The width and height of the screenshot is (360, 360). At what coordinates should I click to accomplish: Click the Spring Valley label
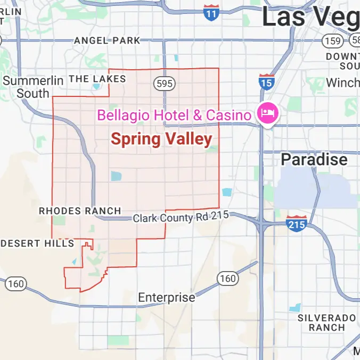[161, 139]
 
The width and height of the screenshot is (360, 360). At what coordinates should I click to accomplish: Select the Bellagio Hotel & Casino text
[174, 114]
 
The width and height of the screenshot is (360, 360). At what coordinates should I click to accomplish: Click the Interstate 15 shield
[266, 82]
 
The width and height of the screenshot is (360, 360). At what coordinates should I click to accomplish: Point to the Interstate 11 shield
[211, 13]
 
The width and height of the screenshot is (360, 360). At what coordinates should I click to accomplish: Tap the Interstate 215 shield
[296, 224]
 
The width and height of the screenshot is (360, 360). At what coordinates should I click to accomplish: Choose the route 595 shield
[162, 83]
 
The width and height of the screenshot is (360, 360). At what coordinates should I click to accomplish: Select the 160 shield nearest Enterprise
[227, 278]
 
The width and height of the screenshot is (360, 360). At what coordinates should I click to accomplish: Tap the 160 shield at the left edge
[15, 283]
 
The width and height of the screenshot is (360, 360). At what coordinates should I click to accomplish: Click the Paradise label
[314, 159]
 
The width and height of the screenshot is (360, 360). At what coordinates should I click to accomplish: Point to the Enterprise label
[167, 297]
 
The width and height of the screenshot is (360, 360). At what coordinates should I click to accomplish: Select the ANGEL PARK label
[107, 40]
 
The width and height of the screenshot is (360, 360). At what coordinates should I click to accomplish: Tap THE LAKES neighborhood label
[97, 79]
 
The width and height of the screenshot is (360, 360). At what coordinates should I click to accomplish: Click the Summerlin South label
[33, 87]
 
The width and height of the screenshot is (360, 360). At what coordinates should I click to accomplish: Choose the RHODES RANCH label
[80, 211]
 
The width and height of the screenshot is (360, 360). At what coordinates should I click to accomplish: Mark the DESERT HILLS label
[37, 243]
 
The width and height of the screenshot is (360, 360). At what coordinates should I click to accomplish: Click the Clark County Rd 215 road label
[181, 217]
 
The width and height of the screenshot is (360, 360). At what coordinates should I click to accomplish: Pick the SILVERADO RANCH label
[326, 323]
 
